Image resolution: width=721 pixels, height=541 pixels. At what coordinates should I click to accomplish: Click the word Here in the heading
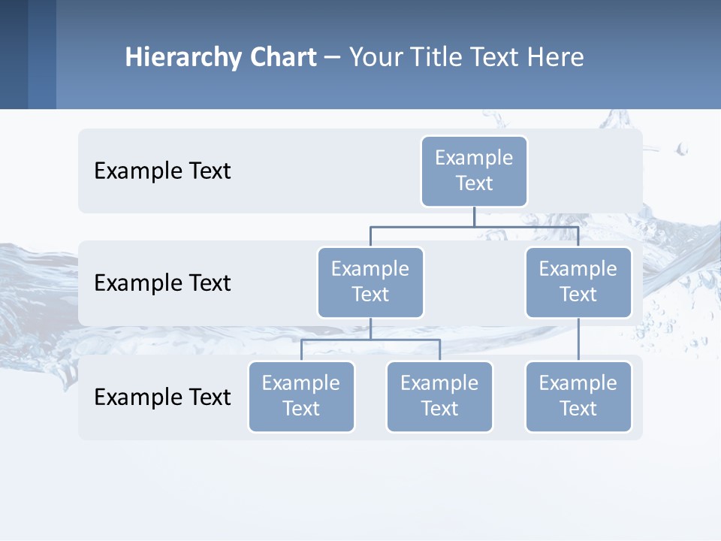[554, 58]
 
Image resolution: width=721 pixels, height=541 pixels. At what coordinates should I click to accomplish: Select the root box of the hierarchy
[474, 171]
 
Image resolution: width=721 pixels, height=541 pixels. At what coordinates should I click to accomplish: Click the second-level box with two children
[370, 282]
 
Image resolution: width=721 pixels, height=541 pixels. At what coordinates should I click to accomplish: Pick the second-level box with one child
[578, 282]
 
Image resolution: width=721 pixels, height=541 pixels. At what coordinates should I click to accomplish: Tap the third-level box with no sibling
[578, 396]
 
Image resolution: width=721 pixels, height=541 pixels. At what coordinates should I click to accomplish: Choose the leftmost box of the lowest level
[301, 396]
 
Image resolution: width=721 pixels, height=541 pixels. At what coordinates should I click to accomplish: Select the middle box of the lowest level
[439, 396]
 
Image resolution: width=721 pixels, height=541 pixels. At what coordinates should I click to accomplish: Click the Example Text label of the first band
[162, 171]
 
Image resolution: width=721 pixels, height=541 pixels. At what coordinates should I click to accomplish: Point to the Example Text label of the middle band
[162, 283]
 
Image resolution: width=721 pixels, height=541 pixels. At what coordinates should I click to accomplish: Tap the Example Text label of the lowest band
[162, 397]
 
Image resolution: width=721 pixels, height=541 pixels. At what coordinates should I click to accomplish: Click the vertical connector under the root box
[474, 216]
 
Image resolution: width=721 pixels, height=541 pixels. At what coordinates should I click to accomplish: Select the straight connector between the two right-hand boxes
[578, 340]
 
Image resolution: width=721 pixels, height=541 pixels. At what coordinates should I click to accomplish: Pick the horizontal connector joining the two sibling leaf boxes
[370, 340]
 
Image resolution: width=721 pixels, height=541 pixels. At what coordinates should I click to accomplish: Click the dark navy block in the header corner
[14, 54]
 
